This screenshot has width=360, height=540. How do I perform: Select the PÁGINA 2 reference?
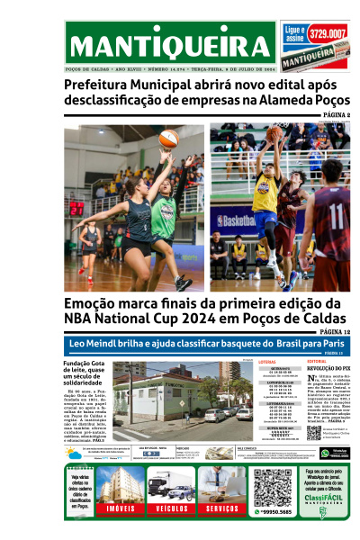coord(336,116)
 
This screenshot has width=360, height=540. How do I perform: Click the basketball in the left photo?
coord(168,138)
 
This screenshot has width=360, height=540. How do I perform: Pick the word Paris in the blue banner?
coord(326,343)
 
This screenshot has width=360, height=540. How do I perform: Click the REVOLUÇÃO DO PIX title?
coord(328,369)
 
